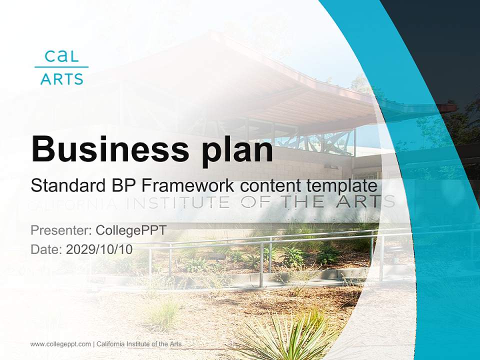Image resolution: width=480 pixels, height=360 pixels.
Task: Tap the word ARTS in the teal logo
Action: tap(61, 79)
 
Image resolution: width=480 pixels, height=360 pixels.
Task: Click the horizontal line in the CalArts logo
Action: tap(61, 67)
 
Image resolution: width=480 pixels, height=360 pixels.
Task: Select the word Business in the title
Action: tap(105, 148)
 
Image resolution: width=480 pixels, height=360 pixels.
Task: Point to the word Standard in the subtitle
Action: tap(66, 186)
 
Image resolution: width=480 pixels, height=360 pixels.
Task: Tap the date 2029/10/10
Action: tap(99, 249)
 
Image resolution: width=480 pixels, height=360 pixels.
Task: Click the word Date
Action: tap(45, 249)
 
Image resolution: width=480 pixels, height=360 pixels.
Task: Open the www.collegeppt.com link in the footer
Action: tap(60, 344)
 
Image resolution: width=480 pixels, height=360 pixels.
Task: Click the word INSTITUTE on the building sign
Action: tap(179, 202)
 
